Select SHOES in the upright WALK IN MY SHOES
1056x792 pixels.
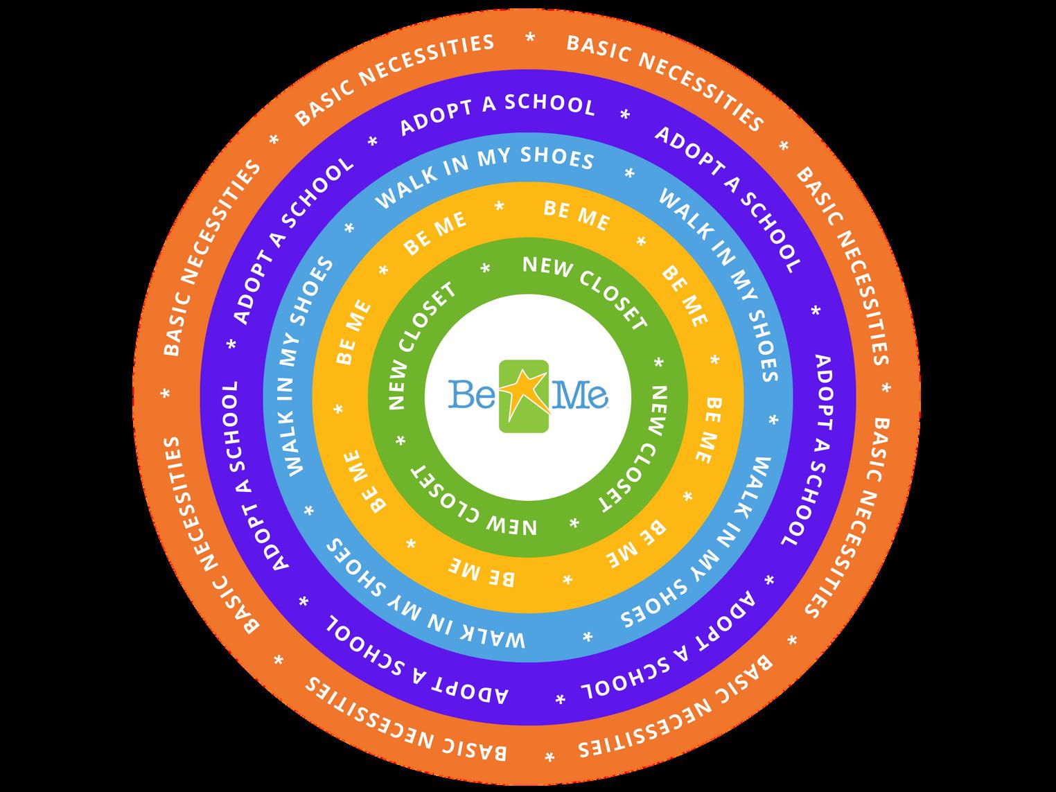[x=558, y=158]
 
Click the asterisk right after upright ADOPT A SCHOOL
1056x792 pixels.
[x=625, y=114]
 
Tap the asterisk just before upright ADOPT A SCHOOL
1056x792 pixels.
[x=373, y=141]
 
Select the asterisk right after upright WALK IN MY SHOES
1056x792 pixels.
[x=629, y=173]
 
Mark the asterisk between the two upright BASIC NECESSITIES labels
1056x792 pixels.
[x=530, y=39]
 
